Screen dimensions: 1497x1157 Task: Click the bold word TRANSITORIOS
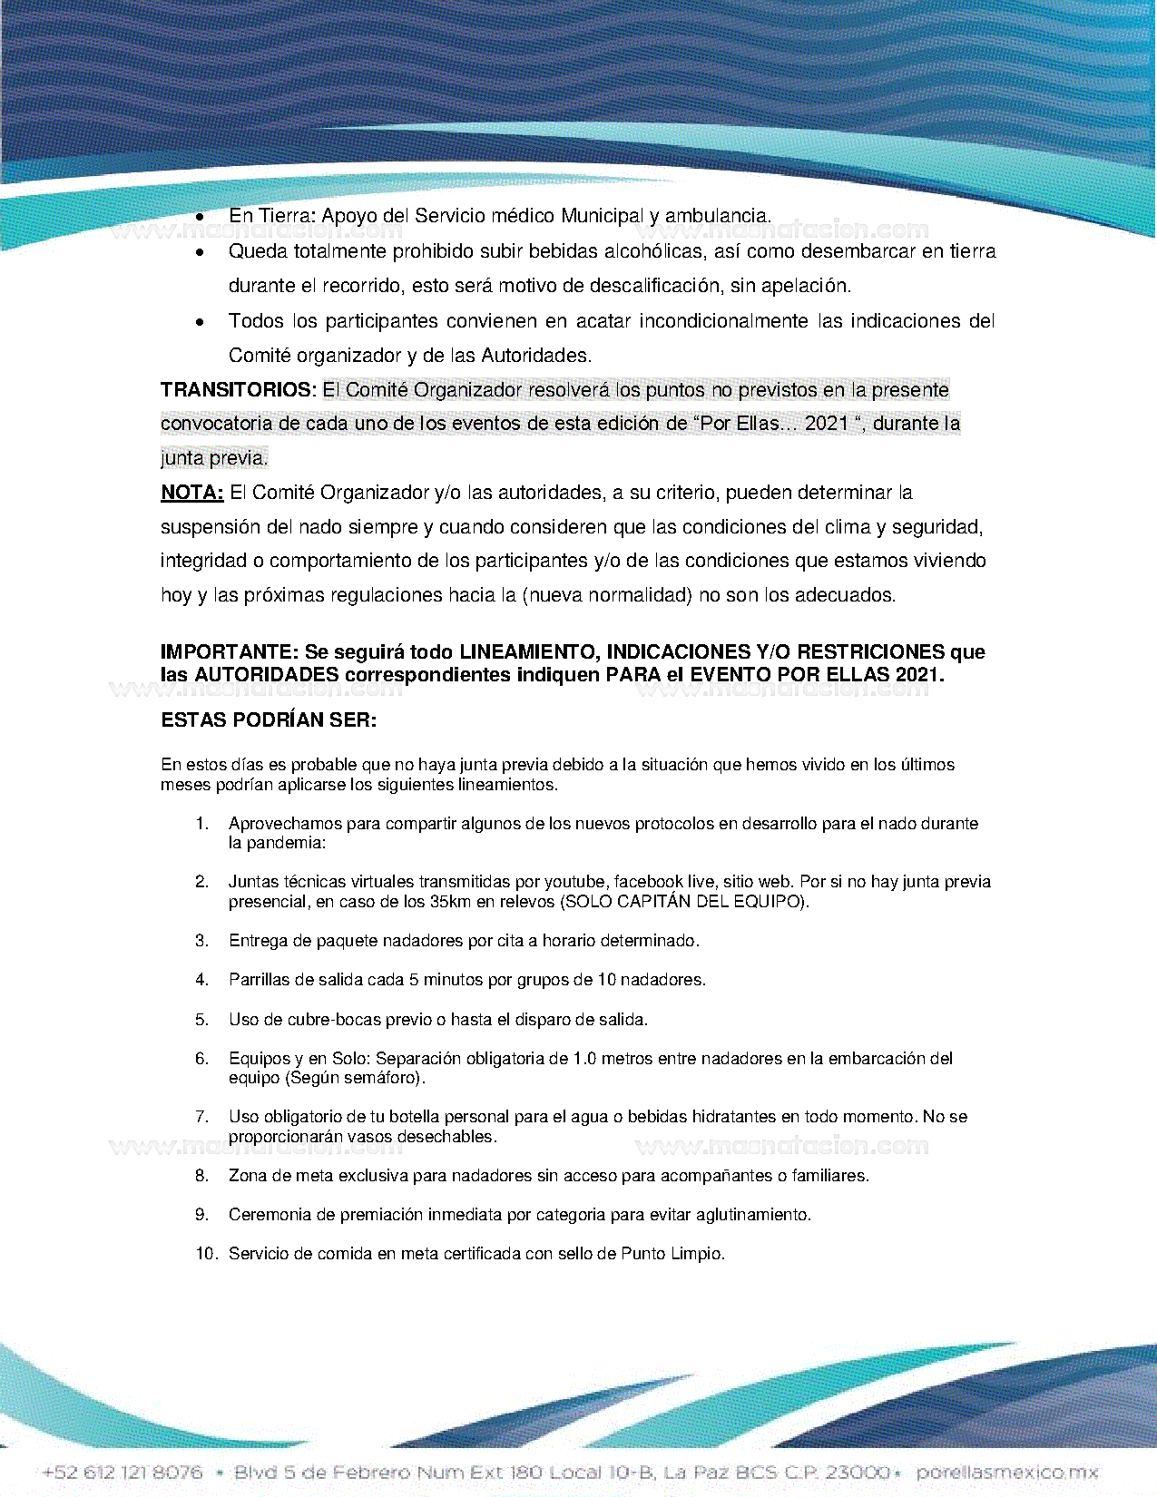pos(237,390)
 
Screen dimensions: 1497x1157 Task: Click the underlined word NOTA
pos(191,493)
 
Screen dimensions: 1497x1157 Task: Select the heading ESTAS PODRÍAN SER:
pos(269,720)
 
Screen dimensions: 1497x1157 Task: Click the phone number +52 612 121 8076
pos(123,1473)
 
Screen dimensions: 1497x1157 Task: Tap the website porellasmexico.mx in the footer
pos(1006,1473)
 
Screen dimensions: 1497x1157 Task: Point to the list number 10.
pos(206,1254)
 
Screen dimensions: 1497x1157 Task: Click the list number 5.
pos(201,1020)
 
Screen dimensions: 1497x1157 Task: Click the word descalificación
pos(656,286)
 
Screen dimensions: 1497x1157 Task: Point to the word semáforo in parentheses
pos(386,1078)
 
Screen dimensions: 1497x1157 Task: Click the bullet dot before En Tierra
pos(200,217)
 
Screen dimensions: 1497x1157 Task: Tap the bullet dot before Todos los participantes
pos(200,322)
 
